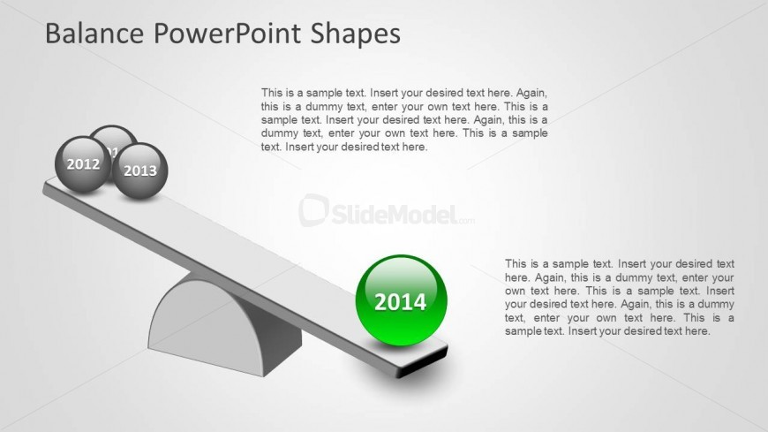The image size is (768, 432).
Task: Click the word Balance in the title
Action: point(94,34)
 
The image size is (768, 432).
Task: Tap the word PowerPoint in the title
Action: point(228,34)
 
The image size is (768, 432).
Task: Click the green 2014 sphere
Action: point(401,300)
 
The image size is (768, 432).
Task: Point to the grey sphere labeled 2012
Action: point(82,164)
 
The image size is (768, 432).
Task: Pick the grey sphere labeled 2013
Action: point(140,171)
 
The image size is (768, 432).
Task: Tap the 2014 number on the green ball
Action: point(401,302)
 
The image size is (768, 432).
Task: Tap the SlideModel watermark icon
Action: point(313,210)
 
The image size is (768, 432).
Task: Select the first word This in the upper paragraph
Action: point(272,93)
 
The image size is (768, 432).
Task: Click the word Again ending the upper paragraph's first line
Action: point(532,93)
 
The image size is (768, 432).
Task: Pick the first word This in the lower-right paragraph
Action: point(516,264)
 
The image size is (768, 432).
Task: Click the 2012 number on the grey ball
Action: point(83,164)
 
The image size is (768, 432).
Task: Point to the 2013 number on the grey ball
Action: point(140,171)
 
